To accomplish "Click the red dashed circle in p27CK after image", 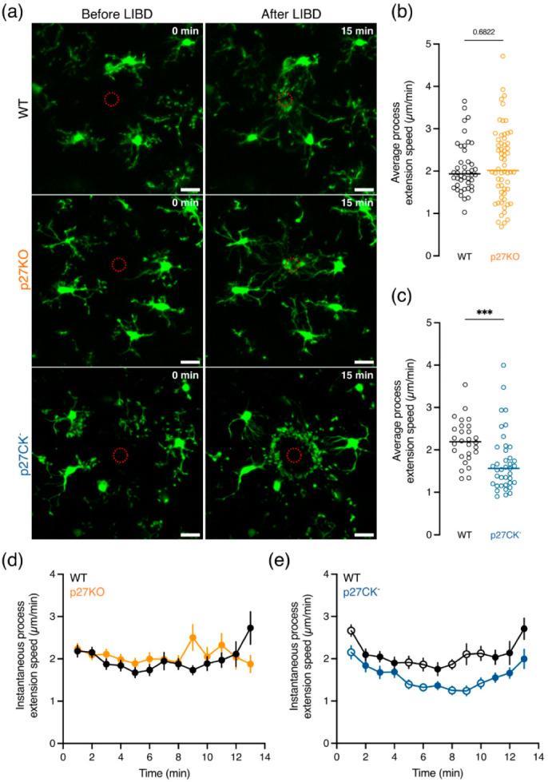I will coord(294,455).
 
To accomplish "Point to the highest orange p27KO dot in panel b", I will coord(502,56).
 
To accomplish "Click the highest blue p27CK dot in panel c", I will coord(503,366).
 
